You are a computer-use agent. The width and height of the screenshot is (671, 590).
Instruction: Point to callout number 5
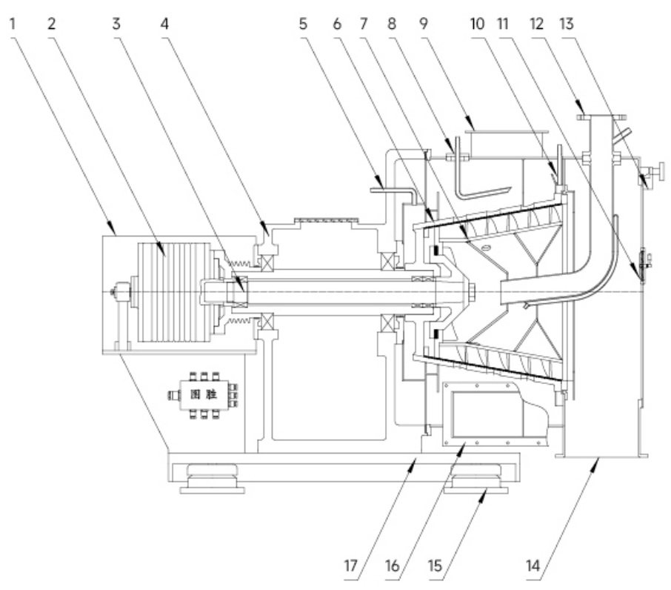[303, 23]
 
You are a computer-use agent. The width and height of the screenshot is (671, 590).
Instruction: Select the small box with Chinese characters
[203, 396]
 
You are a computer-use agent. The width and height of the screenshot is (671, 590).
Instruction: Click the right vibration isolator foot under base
[475, 481]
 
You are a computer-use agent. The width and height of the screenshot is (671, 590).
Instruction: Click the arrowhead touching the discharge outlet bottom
[597, 462]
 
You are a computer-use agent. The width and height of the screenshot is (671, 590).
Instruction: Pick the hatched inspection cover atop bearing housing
[326, 220]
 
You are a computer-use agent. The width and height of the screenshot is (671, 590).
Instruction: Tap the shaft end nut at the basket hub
[470, 293]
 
